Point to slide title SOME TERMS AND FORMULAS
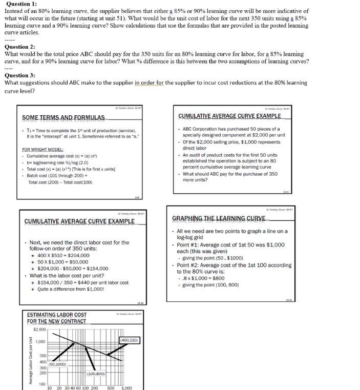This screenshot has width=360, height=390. coord(63,117)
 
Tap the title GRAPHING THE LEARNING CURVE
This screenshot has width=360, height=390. coord(219,218)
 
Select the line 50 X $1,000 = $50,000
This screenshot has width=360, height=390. coord(64,261)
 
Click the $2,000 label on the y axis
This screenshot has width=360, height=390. coord(39,329)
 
